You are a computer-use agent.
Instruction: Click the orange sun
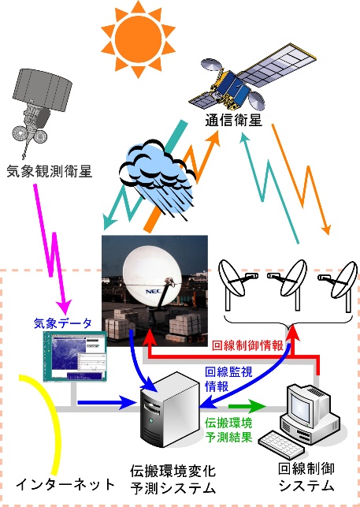[139, 39]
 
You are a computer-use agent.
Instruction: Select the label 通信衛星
[233, 121]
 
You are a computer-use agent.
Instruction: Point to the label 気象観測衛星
[50, 171]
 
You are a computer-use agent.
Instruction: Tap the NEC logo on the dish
[154, 291]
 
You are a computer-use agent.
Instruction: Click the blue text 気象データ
[63, 323]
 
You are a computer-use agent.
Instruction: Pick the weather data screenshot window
[76, 356]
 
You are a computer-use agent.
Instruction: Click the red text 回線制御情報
[247, 345]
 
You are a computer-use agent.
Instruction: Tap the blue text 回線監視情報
[228, 379]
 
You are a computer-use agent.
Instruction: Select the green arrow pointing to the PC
[247, 406]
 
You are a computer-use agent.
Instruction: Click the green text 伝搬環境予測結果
[228, 430]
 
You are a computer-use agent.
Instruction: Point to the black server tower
[169, 409]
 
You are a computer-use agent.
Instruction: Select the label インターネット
[65, 484]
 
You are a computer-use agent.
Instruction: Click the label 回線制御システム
[306, 477]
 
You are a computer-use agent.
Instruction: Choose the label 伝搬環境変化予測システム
[173, 479]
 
